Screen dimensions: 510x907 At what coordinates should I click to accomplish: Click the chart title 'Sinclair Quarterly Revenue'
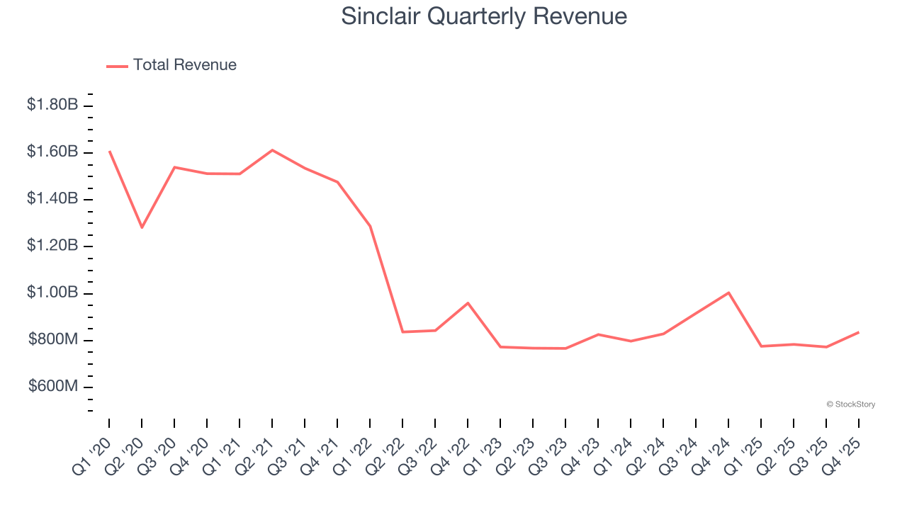[x=484, y=16]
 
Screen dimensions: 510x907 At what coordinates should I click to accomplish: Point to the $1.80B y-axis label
[x=52, y=105]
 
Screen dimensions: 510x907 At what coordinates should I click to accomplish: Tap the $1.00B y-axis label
[x=52, y=293]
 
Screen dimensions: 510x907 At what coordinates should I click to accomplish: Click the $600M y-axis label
[x=53, y=387]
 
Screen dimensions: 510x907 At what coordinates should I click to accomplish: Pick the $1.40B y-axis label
[x=52, y=199]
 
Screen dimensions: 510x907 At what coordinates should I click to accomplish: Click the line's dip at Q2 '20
[x=142, y=227]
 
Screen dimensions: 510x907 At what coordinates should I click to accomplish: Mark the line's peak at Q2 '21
[x=272, y=150]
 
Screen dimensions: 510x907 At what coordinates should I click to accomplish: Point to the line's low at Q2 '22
[x=402, y=331]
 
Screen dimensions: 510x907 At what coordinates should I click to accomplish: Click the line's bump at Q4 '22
[x=468, y=303]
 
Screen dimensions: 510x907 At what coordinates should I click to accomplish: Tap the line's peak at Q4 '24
[x=728, y=293]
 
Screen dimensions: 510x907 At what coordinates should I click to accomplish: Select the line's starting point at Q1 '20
[x=109, y=151]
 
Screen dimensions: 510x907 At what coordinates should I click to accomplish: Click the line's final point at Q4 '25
[x=859, y=332]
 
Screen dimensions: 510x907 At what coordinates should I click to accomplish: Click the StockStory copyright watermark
[x=850, y=404]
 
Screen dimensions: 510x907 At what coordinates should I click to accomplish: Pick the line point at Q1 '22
[x=370, y=226]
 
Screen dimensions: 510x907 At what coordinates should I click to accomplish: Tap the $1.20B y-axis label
[x=52, y=246]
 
